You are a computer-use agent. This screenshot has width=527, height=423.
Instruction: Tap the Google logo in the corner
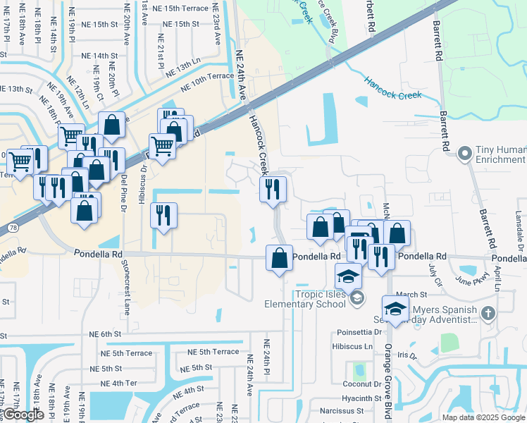point(23,415)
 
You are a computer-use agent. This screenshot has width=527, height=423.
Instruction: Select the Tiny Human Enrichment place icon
point(464,153)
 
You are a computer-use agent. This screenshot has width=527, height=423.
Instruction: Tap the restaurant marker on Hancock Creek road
point(273,189)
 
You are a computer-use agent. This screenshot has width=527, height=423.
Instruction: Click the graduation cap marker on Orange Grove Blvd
point(395,309)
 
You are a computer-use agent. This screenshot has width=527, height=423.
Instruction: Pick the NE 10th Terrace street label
point(206,82)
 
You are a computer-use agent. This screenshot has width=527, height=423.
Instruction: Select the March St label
point(411,295)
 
